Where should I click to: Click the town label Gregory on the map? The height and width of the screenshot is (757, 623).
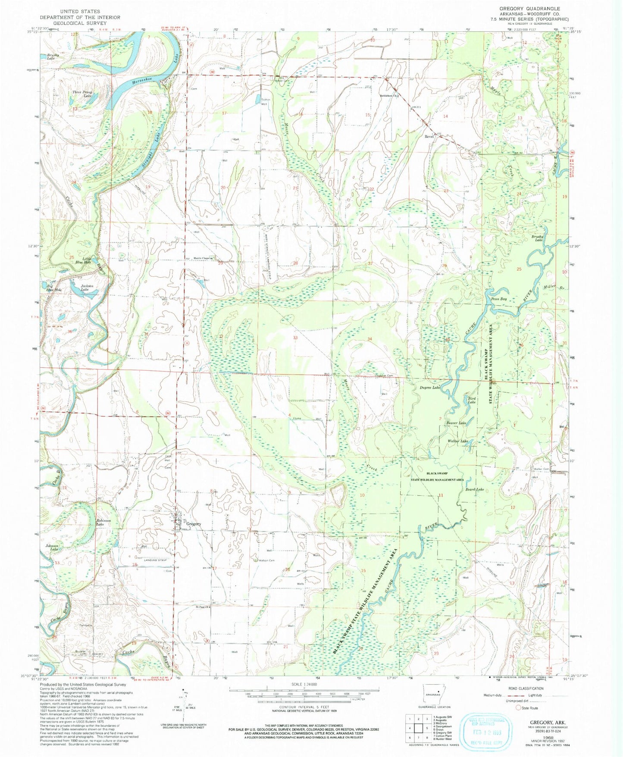point(194,524)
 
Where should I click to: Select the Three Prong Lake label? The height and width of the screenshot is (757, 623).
point(81,93)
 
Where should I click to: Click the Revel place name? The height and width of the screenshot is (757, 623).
point(429,136)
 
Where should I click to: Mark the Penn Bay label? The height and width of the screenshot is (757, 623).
point(498,299)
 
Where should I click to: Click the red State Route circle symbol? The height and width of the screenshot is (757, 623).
point(519,707)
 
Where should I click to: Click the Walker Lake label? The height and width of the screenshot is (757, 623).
point(458,441)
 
